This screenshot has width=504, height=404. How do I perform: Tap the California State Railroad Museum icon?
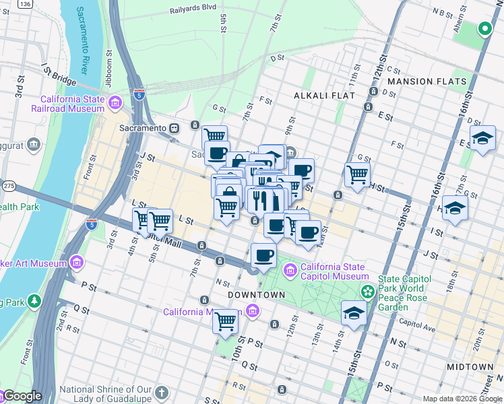pyautogui.click(x=115, y=103)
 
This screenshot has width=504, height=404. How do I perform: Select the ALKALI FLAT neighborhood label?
pyautogui.click(x=324, y=96)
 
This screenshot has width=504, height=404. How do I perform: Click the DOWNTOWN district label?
pyautogui.click(x=256, y=295)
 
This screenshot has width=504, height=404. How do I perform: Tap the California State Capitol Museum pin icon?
pyautogui.click(x=290, y=271)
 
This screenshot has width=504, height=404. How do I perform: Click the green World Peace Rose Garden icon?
pyautogui.click(x=367, y=292)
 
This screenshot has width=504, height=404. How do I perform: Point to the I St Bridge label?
pyautogui.click(x=59, y=71)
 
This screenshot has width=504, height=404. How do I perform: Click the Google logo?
pyautogui.click(x=22, y=396)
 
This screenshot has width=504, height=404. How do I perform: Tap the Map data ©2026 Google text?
pyautogui.click(x=462, y=399)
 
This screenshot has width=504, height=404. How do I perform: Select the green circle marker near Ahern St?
pyautogui.click(x=483, y=29)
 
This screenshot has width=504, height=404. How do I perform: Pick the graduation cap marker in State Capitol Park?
pyautogui.click(x=354, y=313)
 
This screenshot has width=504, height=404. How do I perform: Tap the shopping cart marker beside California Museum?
pyautogui.click(x=226, y=321)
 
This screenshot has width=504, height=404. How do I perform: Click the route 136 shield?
pyautogui.click(x=25, y=4)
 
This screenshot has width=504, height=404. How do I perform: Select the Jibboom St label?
pyautogui.click(x=108, y=61)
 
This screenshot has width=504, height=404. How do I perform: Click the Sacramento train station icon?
pyautogui.click(x=174, y=128)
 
